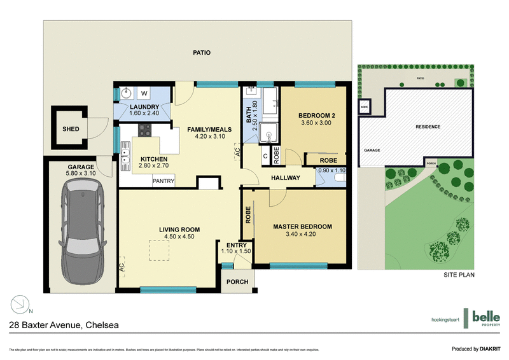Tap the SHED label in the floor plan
[x=71, y=129]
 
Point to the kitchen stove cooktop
[x=144, y=131]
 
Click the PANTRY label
[x=163, y=181]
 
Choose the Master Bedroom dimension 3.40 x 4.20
[x=302, y=234]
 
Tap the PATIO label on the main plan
[x=201, y=53]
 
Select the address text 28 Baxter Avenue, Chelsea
[x=63, y=325]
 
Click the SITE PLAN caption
[x=459, y=275]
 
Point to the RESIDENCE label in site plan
[x=428, y=127]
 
